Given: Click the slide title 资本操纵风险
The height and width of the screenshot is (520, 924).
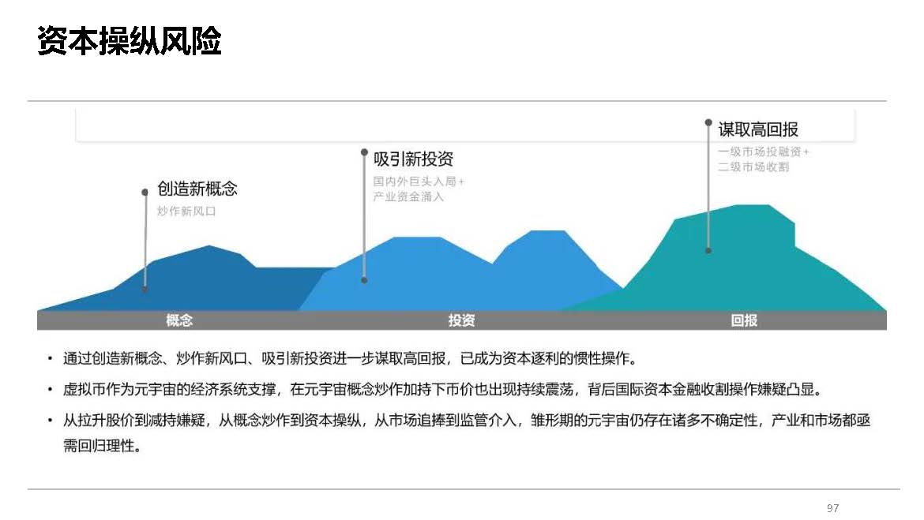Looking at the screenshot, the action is click(129, 40).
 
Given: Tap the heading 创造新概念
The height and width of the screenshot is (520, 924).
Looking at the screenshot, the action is click(197, 189).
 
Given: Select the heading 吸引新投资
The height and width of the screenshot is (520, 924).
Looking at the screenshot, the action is click(413, 159).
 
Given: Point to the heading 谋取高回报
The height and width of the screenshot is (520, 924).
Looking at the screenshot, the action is click(758, 129).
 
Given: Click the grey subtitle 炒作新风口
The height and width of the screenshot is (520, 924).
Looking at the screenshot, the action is click(186, 211).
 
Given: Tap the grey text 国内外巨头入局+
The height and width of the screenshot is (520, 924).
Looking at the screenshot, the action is click(419, 181).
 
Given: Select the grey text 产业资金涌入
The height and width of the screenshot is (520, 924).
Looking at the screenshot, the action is click(408, 196).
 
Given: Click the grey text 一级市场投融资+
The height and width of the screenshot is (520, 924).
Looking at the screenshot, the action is click(763, 152).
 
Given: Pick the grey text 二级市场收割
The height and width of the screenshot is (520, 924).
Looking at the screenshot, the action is click(753, 166).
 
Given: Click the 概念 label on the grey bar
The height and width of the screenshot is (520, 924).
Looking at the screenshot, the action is click(179, 320).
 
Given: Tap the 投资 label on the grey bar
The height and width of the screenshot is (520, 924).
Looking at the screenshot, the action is click(461, 320).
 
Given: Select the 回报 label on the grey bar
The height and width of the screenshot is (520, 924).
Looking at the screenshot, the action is click(744, 320).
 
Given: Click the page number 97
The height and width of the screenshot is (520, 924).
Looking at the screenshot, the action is click(832, 507).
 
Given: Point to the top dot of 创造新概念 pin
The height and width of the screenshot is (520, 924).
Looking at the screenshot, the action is click(145, 192).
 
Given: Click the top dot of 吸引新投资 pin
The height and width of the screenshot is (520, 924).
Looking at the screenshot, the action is click(364, 152).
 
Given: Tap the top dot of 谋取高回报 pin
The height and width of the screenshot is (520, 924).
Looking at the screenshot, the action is click(708, 122).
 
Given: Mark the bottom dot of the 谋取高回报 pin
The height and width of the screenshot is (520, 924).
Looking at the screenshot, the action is click(708, 251).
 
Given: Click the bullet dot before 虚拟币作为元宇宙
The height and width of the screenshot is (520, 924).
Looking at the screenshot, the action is click(50, 390).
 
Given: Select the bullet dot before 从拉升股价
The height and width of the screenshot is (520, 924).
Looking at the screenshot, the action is click(50, 421).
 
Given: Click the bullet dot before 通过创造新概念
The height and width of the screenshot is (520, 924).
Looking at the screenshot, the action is click(50, 358).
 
